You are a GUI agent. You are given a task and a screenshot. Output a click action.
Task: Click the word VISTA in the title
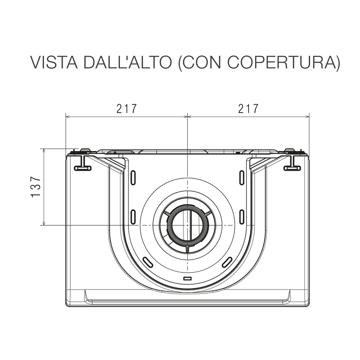(54, 62)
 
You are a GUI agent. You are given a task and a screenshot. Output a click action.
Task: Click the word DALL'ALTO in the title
(127, 62)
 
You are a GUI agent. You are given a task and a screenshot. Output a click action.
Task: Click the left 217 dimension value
(127, 108)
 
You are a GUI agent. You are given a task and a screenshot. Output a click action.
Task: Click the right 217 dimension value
(249, 108)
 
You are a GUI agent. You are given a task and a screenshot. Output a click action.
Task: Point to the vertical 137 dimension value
(36, 187)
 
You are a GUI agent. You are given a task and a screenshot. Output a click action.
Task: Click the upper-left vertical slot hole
(133, 177)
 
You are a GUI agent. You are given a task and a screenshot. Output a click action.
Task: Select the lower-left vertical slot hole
(133, 216)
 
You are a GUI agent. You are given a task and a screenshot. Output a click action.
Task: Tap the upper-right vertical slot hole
(242, 177)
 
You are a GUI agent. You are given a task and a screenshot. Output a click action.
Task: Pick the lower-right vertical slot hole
(242, 216)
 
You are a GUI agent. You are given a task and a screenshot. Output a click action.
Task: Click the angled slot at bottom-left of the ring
(148, 262)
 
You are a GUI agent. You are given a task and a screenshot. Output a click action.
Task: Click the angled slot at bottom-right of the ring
(227, 262)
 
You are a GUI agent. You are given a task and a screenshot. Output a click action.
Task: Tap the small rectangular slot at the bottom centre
(187, 279)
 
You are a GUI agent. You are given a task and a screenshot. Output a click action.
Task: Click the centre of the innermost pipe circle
(188, 225)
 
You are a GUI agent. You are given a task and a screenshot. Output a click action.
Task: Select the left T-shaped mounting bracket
(83, 163)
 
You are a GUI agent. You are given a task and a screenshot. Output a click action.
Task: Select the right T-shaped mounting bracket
(292, 163)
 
